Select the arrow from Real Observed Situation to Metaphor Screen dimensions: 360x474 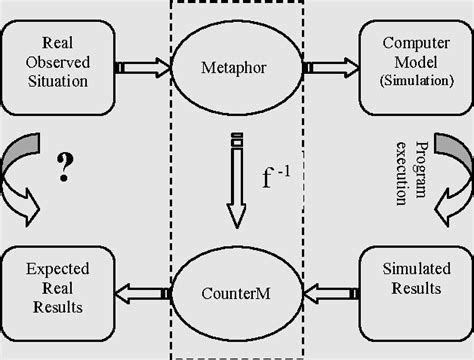(140, 68)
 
